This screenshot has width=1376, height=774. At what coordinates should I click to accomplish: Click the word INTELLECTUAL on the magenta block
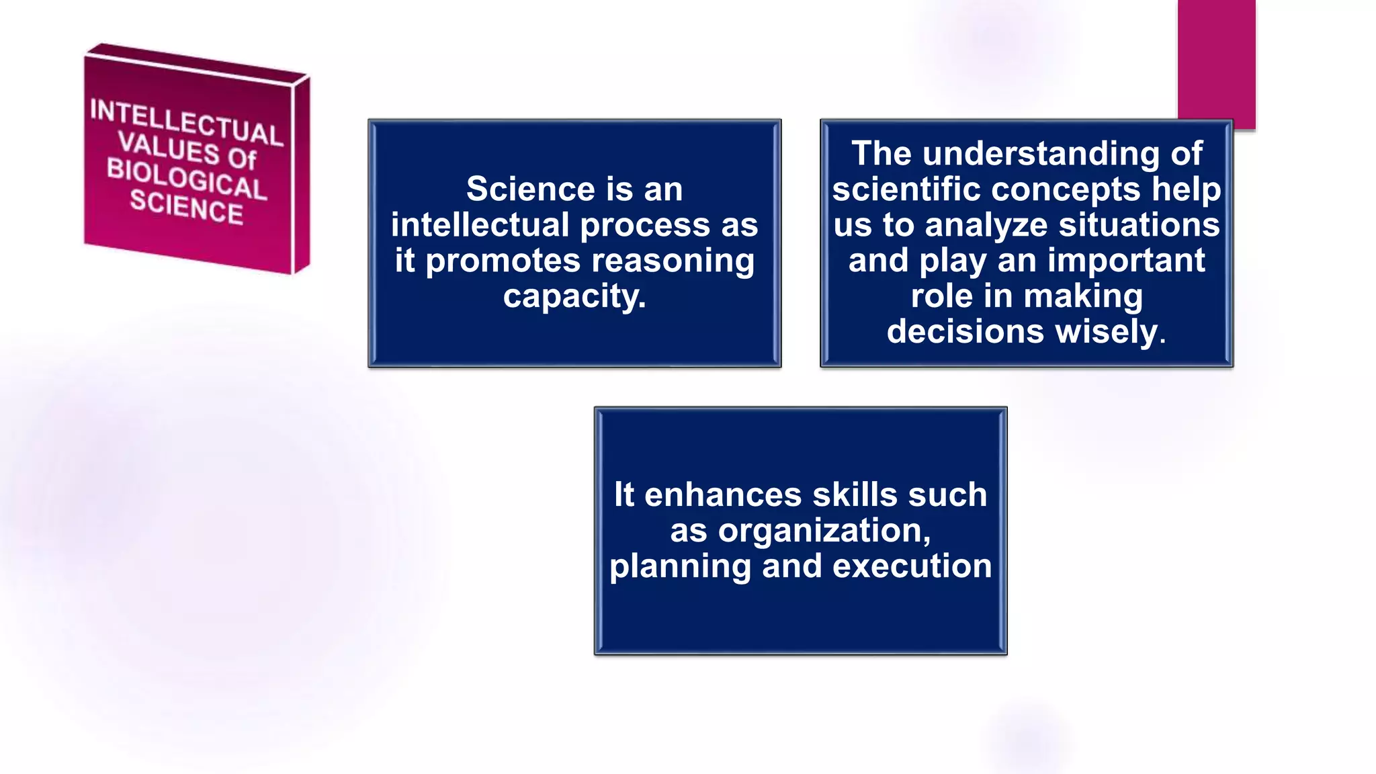click(x=186, y=122)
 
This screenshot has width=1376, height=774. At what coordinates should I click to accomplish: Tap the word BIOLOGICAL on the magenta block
click(x=186, y=179)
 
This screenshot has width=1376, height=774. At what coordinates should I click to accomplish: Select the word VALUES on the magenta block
click(x=168, y=147)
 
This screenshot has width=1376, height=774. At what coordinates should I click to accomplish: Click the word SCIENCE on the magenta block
click(x=186, y=207)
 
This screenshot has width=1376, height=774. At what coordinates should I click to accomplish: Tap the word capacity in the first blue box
click(x=571, y=296)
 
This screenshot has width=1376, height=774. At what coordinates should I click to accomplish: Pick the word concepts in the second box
click(x=1066, y=189)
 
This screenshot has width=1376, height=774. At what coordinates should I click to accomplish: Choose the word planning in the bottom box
click(x=680, y=566)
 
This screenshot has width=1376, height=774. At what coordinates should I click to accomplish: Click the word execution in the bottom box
click(x=912, y=566)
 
